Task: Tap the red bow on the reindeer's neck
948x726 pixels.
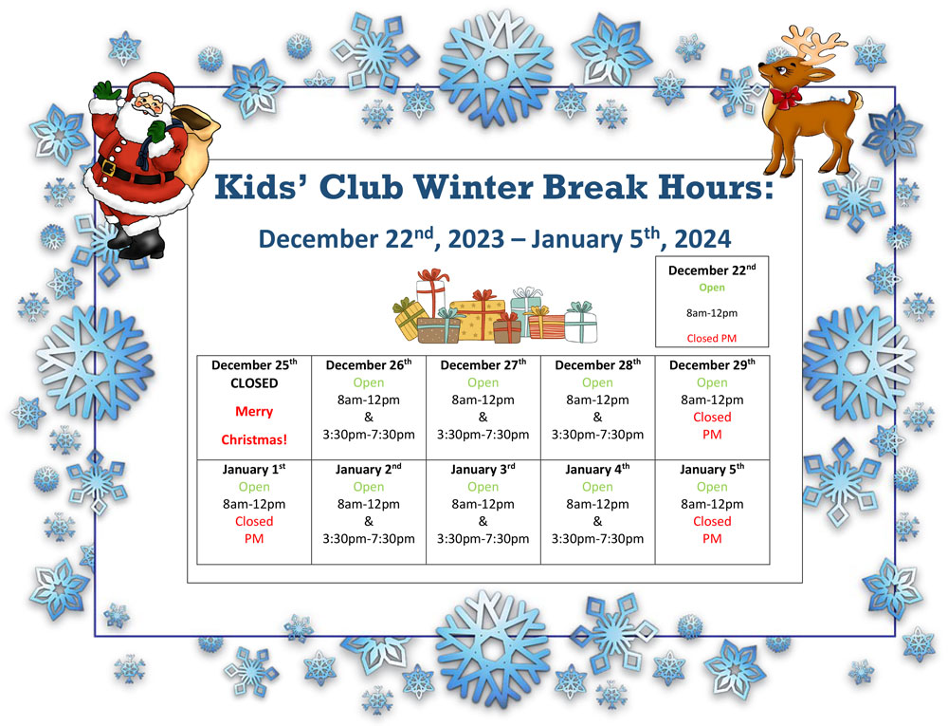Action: coord(786,97)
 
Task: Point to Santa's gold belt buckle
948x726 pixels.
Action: coord(109,168)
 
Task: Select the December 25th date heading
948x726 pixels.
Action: coord(254,364)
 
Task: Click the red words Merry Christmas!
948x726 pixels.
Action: coord(254,425)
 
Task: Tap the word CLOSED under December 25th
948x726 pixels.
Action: coord(254,383)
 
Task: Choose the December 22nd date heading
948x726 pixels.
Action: coord(712,270)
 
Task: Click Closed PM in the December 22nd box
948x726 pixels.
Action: coord(712,338)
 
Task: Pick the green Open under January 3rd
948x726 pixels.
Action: coord(483,487)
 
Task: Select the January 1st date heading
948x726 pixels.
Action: coord(254,470)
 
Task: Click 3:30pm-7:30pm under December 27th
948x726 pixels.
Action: coord(483,435)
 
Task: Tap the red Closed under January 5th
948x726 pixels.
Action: coord(712,522)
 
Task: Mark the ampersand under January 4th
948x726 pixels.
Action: coord(597,522)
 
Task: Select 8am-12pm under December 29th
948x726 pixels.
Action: coord(712,400)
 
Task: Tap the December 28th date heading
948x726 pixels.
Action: coord(597,364)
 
